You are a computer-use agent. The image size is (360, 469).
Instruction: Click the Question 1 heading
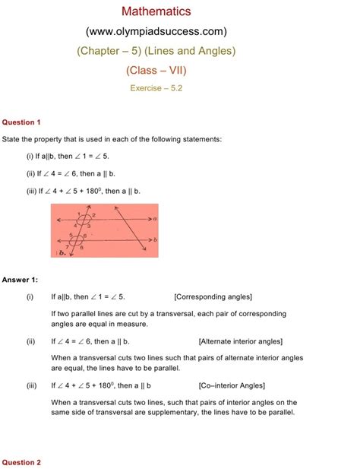pos(21,122)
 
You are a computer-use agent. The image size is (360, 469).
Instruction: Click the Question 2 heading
pos(21,462)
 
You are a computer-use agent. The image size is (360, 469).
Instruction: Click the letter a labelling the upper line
pos(154,217)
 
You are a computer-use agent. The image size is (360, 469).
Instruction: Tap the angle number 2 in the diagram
pos(93,216)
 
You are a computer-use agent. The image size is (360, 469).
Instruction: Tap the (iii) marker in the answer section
pos(30,386)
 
